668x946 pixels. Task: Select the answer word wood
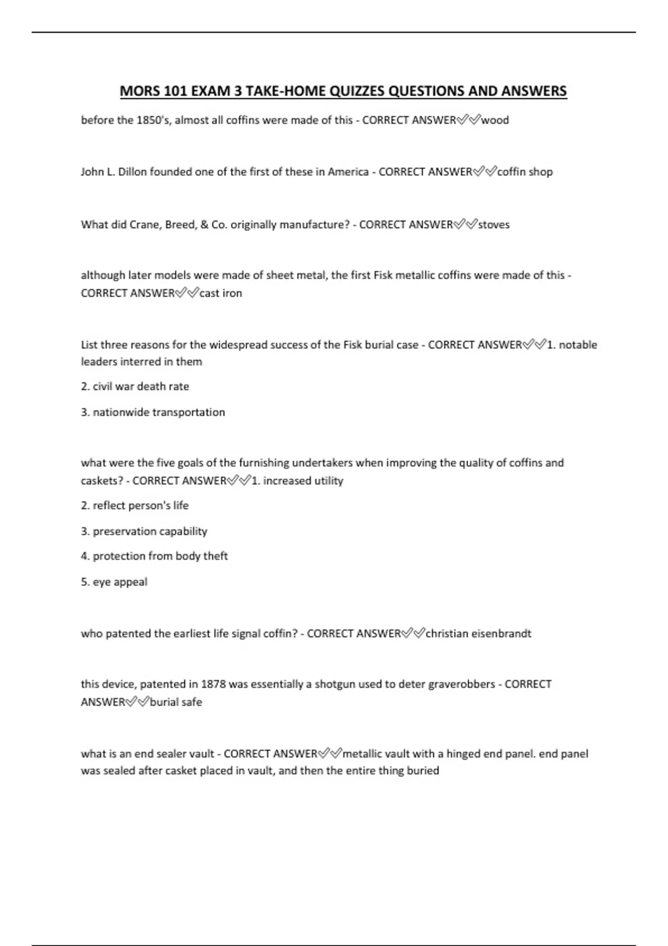coord(495,120)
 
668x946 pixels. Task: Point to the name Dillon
coord(132,172)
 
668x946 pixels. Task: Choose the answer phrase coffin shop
coord(524,172)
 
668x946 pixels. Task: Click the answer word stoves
coord(494,225)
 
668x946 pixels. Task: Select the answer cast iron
coord(220,293)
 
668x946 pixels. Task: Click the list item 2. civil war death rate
coord(135,386)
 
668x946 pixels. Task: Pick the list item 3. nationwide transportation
coord(153,412)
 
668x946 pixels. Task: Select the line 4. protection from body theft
coord(154,556)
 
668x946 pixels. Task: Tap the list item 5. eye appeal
coord(114,582)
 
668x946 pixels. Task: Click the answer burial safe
coord(176,702)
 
